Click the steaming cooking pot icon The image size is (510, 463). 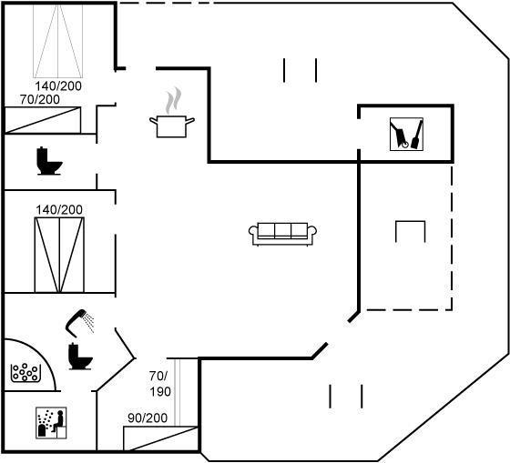point(172,126)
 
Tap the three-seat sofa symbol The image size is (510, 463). point(282,234)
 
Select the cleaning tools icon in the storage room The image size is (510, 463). point(406,135)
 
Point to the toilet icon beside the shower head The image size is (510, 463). point(80,356)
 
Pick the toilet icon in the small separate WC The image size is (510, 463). point(49,161)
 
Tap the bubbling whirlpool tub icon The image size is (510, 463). point(25,373)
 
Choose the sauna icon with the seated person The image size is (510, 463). point(51,423)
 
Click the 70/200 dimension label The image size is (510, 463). point(40,99)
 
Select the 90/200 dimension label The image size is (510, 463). point(148,418)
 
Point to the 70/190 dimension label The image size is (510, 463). point(160,384)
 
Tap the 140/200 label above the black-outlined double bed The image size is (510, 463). point(59,210)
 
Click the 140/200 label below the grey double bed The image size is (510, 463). point(58,86)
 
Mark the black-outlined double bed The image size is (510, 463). point(59,255)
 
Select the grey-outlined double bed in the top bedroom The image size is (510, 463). point(58,41)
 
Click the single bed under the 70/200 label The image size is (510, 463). point(43,120)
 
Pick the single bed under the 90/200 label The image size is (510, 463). point(160,438)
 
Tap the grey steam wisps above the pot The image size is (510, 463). point(173,100)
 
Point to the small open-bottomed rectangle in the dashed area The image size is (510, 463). point(410,222)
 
